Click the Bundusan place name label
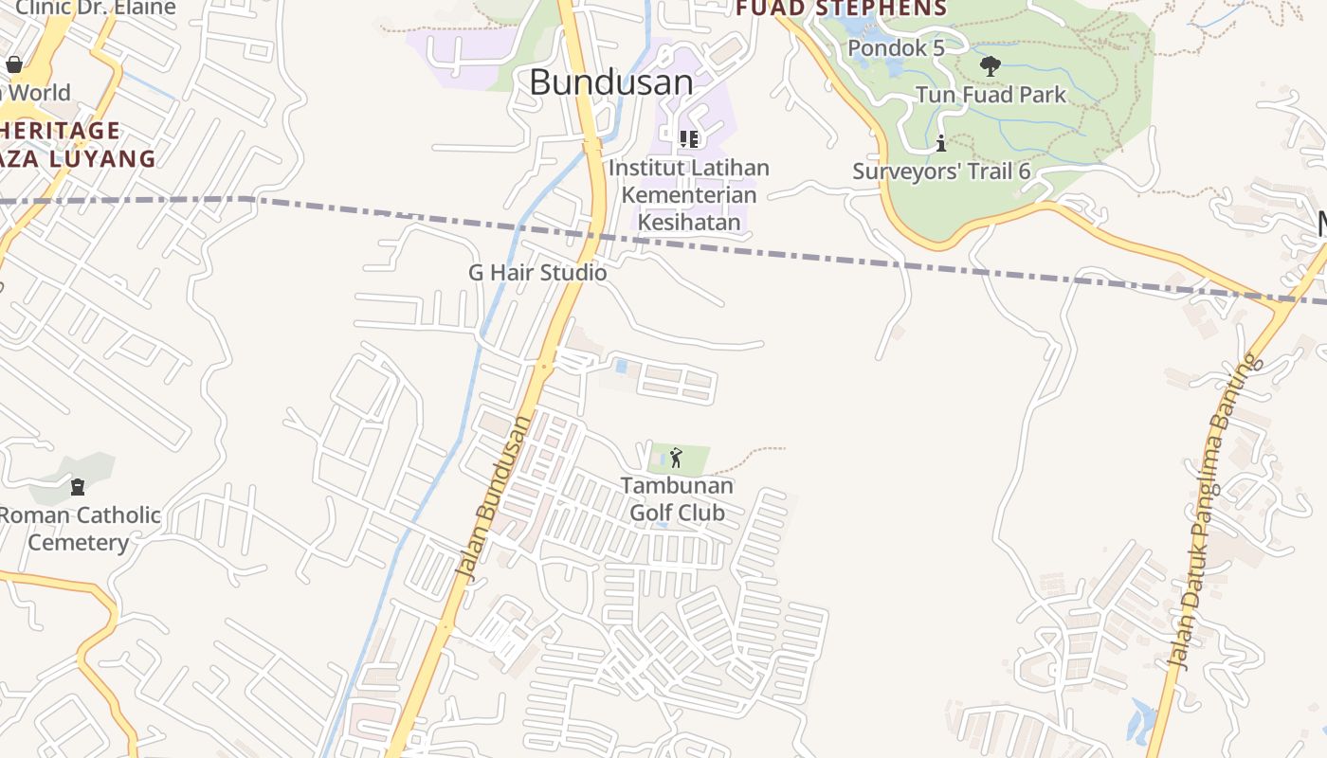tap(611, 82)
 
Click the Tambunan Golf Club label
tap(677, 499)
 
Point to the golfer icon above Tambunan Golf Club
tap(676, 459)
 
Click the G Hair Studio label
tap(537, 273)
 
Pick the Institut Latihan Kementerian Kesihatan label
tap(689, 195)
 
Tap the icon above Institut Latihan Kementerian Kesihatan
tap(689, 139)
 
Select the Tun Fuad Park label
tap(991, 95)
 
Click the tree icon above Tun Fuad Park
tap(991, 66)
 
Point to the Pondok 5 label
tap(896, 47)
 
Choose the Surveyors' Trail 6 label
tap(941, 171)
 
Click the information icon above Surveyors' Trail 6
tap(941, 144)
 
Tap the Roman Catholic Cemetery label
tap(80, 529)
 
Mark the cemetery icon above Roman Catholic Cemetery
tap(78, 487)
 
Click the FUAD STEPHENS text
tap(842, 9)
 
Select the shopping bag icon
tap(14, 64)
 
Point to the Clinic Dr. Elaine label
tap(95, 9)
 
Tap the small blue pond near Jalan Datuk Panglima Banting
tap(1141, 719)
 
